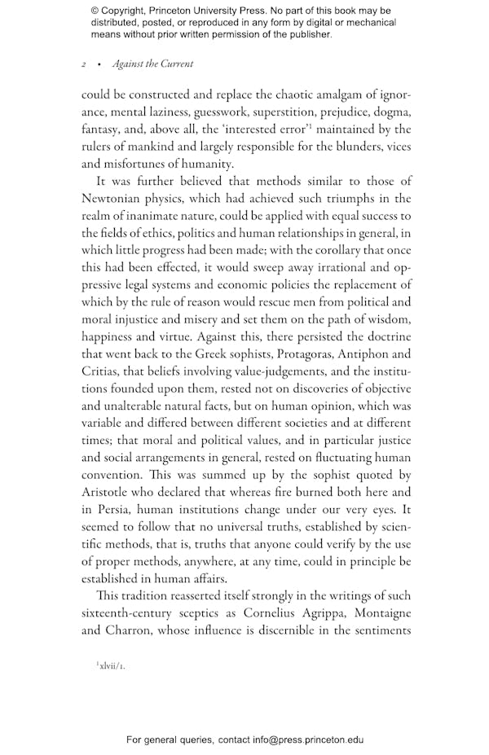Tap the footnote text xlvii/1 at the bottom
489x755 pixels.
[111, 665]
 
